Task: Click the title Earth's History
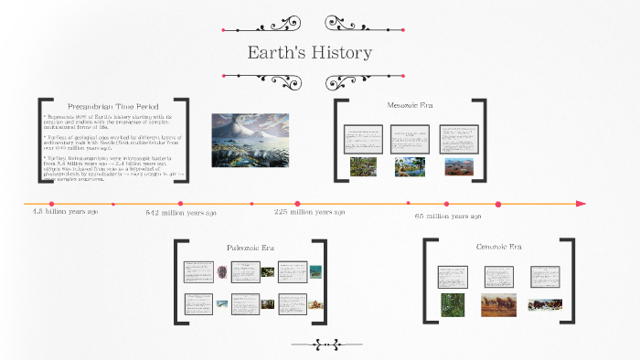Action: [310, 53]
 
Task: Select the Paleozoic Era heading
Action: [250, 248]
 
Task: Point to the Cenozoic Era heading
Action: [498, 247]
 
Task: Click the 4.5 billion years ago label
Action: [66, 212]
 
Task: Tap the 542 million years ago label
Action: [181, 213]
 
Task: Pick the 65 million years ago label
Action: [447, 217]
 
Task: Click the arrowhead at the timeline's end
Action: [581, 203]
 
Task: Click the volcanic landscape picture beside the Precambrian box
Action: [250, 140]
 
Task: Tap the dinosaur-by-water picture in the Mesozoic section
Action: [410, 167]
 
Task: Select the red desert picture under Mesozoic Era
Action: [458, 167]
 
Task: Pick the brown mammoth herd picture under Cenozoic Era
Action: [498, 304]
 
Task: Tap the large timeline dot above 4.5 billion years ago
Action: [51, 203]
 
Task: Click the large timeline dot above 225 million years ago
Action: [297, 203]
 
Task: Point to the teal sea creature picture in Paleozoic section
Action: [315, 271]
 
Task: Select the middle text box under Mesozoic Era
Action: [411, 139]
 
